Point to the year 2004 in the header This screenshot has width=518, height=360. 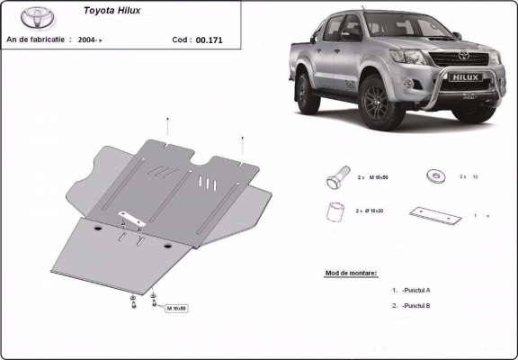click(x=87, y=40)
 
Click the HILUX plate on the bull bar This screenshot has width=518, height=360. click(x=464, y=78)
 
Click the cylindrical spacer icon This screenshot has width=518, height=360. click(x=334, y=211)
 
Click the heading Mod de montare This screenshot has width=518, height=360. click(x=351, y=273)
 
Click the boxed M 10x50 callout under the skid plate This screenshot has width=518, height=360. click(x=175, y=308)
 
